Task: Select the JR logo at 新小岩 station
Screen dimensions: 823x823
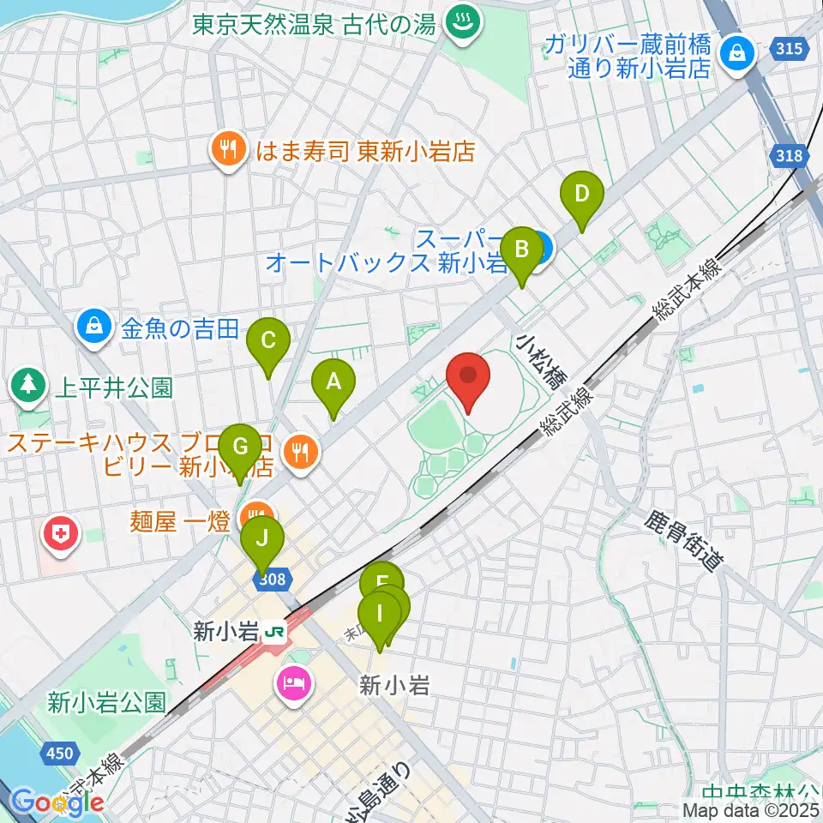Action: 275,632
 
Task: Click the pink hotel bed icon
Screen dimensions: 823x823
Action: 295,683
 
